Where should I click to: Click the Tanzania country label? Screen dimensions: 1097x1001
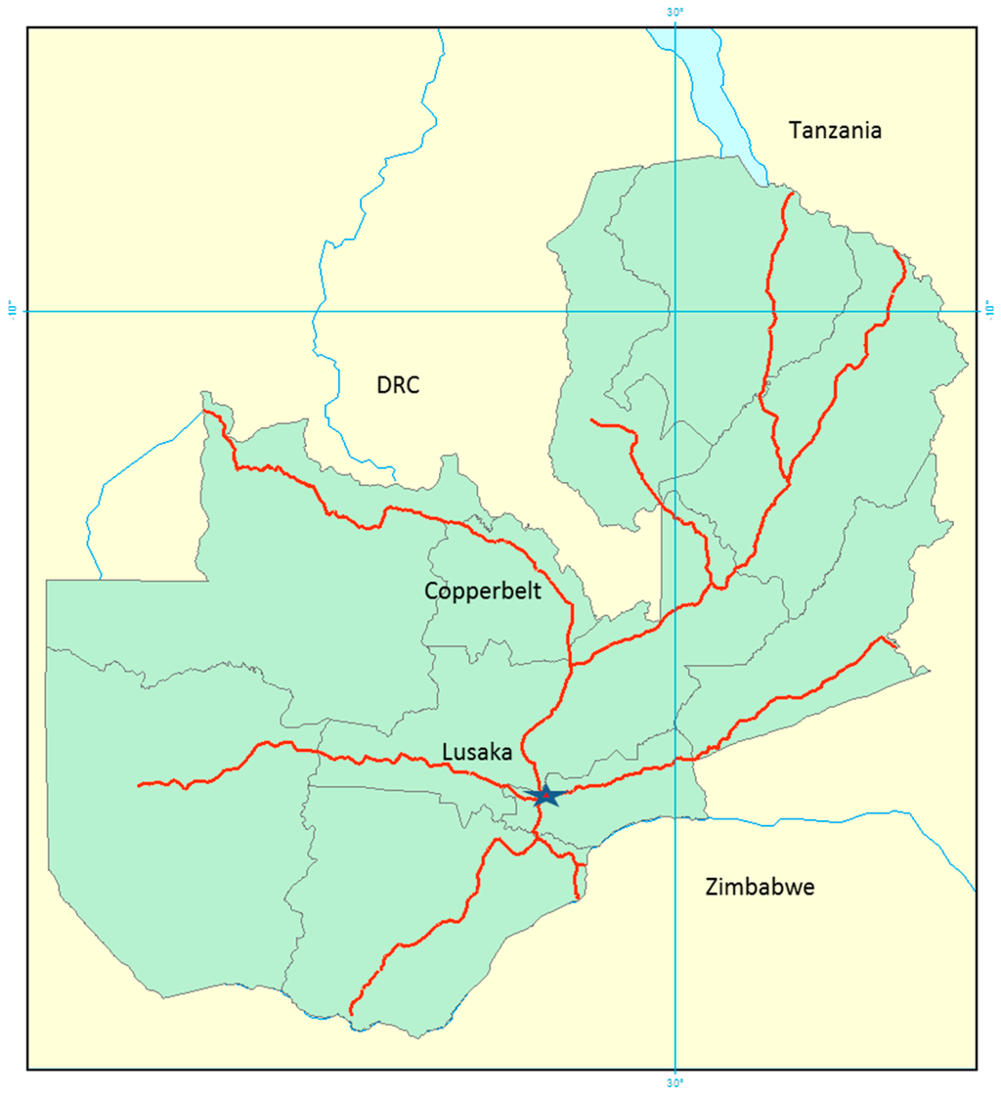coord(835,130)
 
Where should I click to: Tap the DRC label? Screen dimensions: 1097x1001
coord(398,385)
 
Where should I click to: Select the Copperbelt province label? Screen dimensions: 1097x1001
coord(483,591)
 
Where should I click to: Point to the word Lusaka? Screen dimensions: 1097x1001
coord(477,752)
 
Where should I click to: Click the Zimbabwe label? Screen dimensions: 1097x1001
coord(759,888)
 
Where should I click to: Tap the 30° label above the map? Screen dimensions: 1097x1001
coord(675,13)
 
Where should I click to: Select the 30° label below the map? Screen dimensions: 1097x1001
coord(675,1082)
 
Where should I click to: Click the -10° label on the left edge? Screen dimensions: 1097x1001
coord(13,311)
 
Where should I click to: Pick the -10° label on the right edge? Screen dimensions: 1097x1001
coord(988,311)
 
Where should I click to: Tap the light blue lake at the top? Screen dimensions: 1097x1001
coord(696,68)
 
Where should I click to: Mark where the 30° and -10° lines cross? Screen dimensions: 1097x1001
coord(675,311)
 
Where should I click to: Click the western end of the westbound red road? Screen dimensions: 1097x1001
coord(140,784)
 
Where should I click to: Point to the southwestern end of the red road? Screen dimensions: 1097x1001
coord(351,1013)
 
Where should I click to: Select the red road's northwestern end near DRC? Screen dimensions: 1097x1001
coord(204,412)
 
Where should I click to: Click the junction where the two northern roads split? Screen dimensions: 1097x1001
coord(788,479)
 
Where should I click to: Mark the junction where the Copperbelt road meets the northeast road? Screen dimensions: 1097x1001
coord(570,666)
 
